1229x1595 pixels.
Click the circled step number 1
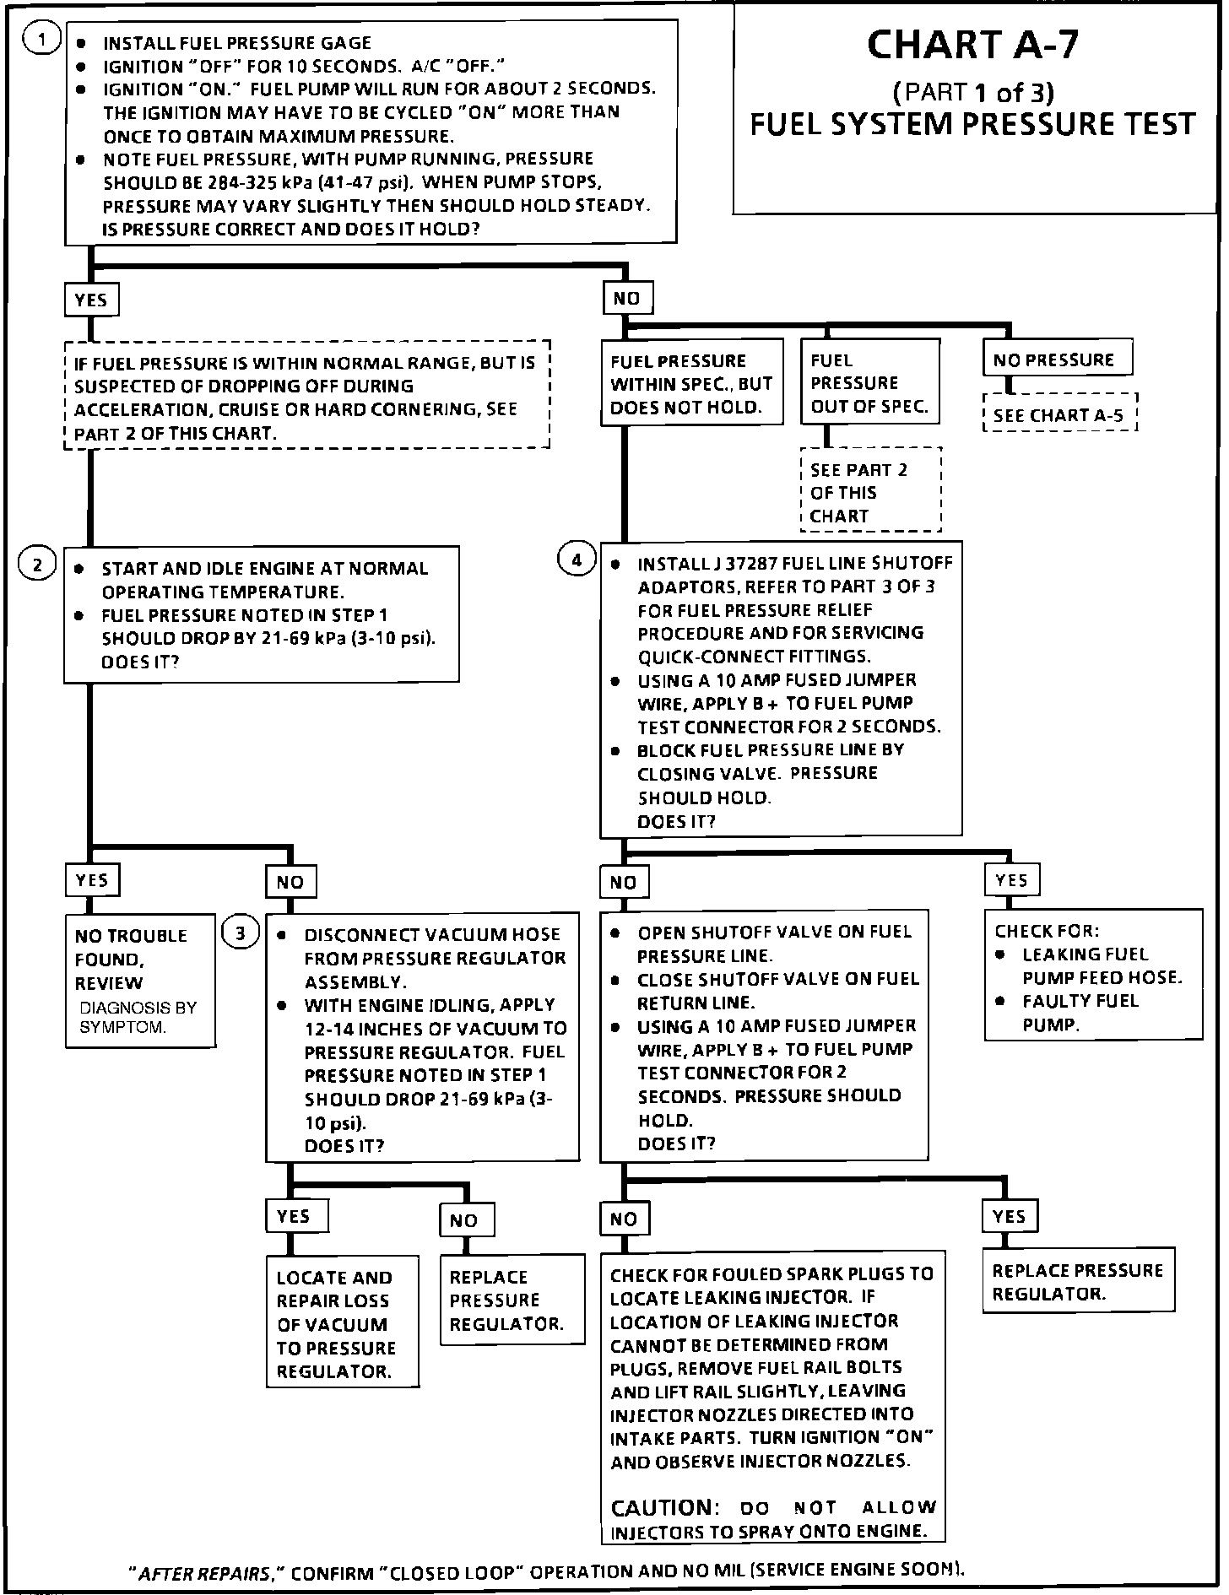click(40, 41)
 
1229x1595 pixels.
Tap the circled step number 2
click(37, 565)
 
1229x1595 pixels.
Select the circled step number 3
click(241, 933)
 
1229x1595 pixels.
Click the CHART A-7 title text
click(972, 46)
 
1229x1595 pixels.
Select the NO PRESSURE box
click(1057, 360)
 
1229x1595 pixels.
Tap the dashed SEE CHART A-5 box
click(1059, 414)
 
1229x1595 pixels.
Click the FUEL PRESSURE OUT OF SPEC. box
click(869, 382)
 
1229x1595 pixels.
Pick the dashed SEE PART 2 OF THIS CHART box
click(869, 492)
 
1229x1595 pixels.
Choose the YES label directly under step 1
click(91, 300)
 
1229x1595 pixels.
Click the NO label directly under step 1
click(627, 298)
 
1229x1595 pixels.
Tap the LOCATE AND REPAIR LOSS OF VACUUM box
click(342, 1324)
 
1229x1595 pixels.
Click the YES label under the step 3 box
click(294, 1216)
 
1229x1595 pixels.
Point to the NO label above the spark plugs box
click(624, 1219)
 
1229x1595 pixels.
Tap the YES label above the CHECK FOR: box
click(1011, 880)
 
